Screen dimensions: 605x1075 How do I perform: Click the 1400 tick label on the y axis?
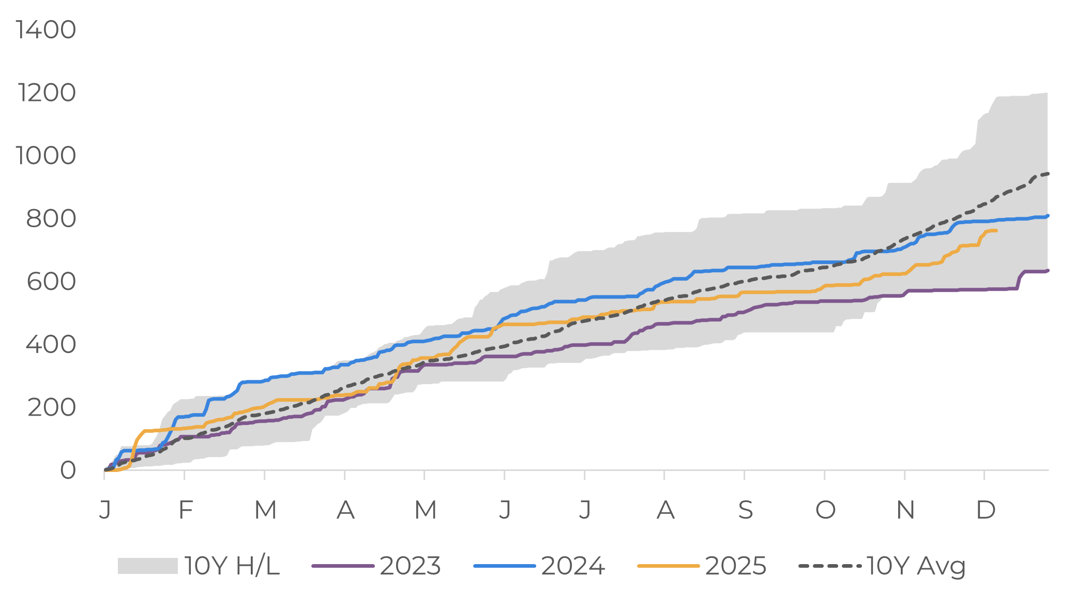tap(46, 29)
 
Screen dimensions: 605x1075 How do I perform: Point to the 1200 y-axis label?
tap(47, 93)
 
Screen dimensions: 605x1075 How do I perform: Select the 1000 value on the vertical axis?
tap(46, 155)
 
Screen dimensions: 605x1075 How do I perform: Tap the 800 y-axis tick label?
tap(51, 218)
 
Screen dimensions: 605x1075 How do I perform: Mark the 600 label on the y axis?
tap(51, 282)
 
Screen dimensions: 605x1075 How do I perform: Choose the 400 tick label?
tap(51, 344)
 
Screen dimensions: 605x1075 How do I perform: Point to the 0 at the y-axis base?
tap(68, 470)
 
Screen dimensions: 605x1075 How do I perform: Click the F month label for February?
tap(185, 510)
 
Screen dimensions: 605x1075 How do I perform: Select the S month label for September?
tap(745, 510)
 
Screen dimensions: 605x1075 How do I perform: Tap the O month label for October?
tap(825, 510)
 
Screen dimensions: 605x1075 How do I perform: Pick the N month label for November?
tap(905, 510)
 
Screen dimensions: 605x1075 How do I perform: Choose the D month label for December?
tap(986, 510)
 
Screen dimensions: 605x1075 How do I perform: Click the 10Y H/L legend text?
tap(232, 566)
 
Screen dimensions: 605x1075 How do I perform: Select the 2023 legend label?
tap(410, 566)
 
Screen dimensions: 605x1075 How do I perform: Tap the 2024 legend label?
tap(573, 566)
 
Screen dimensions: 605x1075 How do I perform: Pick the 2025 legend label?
tap(735, 566)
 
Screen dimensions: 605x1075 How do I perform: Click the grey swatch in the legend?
tap(147, 566)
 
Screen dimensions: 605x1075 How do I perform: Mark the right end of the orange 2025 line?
tap(996, 230)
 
